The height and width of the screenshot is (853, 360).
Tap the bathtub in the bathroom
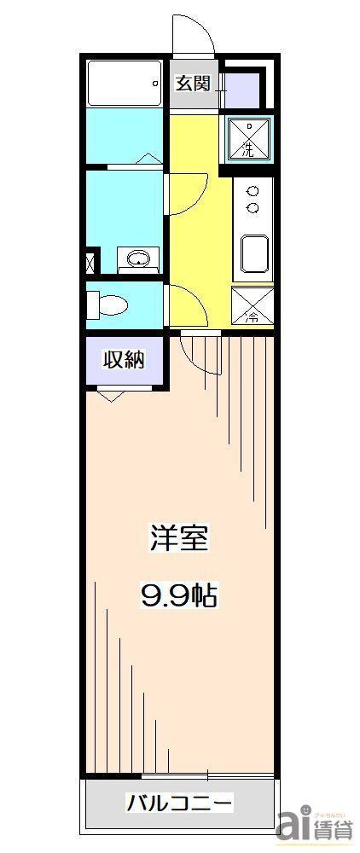[x=125, y=83]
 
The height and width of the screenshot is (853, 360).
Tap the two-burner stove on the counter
[x=253, y=200]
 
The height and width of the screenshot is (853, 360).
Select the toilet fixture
[x=109, y=303]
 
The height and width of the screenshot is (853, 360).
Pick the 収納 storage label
[x=125, y=360]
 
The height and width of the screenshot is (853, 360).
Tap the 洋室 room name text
[x=179, y=539]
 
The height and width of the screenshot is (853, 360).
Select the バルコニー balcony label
[x=180, y=803]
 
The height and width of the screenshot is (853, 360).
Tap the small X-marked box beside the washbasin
[x=91, y=262]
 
